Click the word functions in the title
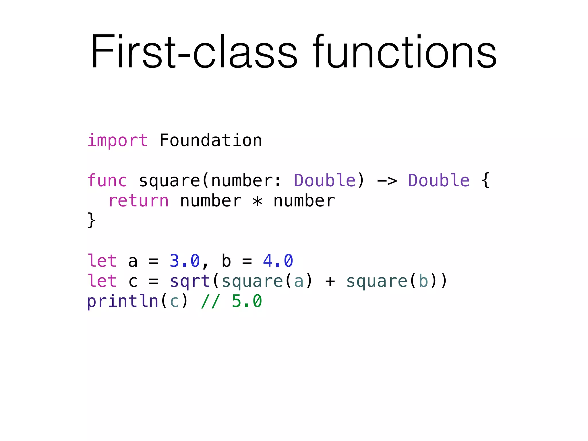(405, 52)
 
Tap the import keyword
(117, 141)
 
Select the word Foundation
(210, 141)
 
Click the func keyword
(107, 181)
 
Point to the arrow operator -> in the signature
(387, 181)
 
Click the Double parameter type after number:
(325, 181)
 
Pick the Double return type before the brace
(439, 181)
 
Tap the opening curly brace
(486, 181)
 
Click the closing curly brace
(92, 220)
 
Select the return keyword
(138, 201)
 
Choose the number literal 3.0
(184, 261)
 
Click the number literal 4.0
(278, 261)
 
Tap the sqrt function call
(190, 281)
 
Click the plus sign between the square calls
(330, 281)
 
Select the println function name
(123, 301)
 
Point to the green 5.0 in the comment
(247, 301)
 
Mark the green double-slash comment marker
(211, 301)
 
